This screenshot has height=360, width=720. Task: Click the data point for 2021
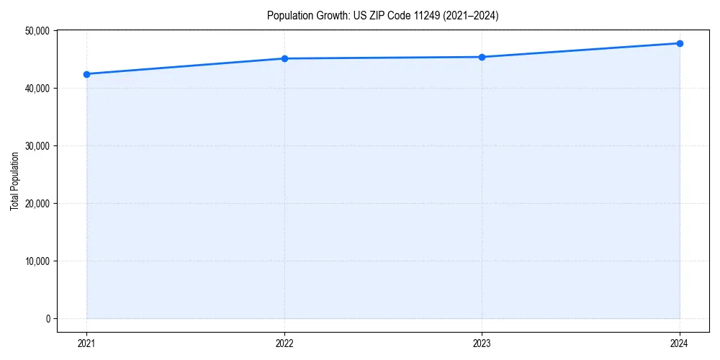click(86, 74)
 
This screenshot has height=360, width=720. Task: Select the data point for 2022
click(284, 58)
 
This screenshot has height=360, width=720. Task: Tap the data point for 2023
click(482, 57)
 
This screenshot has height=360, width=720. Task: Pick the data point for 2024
click(680, 43)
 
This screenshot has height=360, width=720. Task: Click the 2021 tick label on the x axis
click(86, 343)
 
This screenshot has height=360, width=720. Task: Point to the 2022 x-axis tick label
click(284, 343)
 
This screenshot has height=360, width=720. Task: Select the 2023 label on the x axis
click(482, 343)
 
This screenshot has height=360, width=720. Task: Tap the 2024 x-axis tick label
click(680, 343)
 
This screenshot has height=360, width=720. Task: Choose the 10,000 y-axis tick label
click(35, 261)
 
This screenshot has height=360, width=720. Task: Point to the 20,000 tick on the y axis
click(35, 203)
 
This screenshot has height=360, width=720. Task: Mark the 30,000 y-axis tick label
click(35, 145)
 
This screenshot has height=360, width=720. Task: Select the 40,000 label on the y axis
click(35, 88)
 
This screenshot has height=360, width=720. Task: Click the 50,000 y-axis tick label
click(35, 31)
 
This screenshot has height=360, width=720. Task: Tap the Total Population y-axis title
click(15, 181)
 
